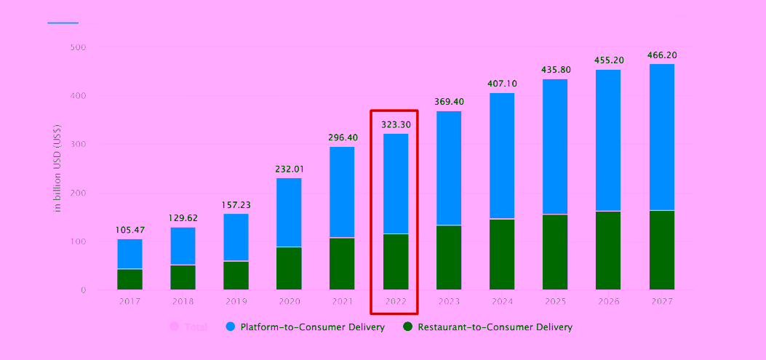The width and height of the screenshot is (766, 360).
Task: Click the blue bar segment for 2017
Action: point(129,254)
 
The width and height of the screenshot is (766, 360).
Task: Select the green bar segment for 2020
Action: point(289,268)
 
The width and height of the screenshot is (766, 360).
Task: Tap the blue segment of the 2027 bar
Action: point(662,137)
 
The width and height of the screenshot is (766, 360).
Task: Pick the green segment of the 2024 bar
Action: point(502,255)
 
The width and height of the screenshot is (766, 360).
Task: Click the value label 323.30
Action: point(396,124)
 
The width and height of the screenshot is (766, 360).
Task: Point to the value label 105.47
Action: point(130,231)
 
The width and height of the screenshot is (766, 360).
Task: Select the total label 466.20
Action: point(661,55)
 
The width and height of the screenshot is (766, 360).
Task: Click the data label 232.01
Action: point(289,169)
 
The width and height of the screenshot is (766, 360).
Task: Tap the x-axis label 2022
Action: point(396,300)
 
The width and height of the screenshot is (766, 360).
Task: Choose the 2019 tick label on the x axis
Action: point(236,300)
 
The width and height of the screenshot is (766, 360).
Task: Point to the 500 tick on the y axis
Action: point(78,47)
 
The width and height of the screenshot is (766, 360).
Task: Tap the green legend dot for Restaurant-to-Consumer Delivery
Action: point(408,327)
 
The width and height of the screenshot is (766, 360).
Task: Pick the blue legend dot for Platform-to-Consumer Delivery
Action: point(230,327)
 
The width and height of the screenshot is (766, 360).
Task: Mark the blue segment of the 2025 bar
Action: point(555,146)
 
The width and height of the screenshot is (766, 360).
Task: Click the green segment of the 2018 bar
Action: point(183,277)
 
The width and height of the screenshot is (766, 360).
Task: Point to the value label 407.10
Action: point(502,84)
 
